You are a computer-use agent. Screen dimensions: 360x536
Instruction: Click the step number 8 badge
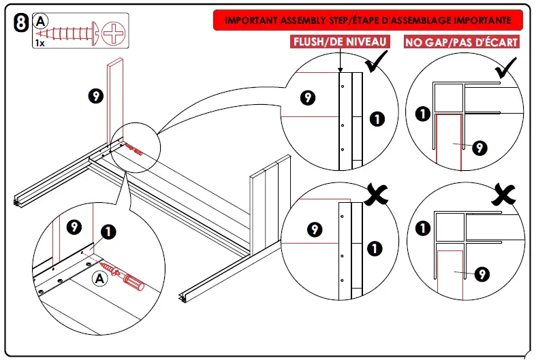click(x=21, y=24)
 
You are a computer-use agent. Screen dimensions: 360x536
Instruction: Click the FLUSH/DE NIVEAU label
click(x=340, y=42)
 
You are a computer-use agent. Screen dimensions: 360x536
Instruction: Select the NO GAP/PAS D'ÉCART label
click(x=461, y=42)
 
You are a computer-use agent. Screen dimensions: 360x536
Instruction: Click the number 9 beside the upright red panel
click(x=96, y=96)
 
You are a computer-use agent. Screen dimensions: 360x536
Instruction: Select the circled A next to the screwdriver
click(x=99, y=278)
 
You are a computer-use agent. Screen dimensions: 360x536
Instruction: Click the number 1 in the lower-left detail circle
click(x=108, y=232)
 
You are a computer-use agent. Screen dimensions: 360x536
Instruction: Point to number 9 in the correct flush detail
click(x=308, y=99)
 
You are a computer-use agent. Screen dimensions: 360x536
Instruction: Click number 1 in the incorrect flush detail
click(x=375, y=246)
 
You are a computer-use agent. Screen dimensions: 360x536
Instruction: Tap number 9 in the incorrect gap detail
click(x=482, y=274)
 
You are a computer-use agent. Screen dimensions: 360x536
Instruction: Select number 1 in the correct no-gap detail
click(x=422, y=113)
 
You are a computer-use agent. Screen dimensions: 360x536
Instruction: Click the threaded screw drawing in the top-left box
click(x=67, y=32)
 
